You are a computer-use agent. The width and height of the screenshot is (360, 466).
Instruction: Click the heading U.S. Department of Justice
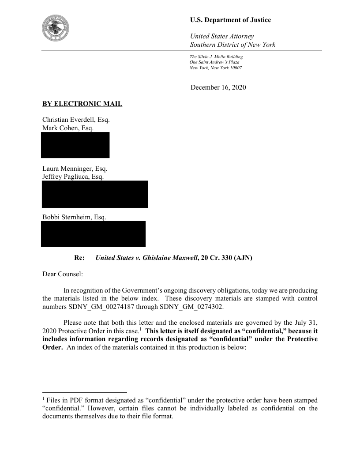pos(230,20)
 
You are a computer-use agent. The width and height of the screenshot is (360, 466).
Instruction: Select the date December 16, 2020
pos(218,87)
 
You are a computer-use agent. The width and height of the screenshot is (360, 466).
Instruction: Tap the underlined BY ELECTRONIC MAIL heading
pos(82,104)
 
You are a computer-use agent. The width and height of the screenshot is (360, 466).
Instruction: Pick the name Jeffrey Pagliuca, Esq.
pos(73,177)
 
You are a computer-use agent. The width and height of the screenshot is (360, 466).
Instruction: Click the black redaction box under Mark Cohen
pos(75,145)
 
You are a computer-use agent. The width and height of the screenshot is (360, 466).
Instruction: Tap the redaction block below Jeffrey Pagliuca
pos(94,194)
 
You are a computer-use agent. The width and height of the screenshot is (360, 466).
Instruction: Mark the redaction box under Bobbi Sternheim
pos(93,234)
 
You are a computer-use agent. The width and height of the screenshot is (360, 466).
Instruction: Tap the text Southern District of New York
pos(232,45)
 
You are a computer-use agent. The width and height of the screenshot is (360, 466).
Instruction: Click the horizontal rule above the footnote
pos(84,392)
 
